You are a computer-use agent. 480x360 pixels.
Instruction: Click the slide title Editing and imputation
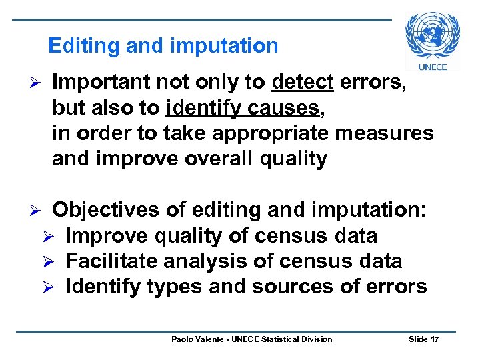[x=163, y=45]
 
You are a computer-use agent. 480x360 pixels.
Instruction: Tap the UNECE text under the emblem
[x=432, y=67]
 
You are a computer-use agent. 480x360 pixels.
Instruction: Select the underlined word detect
[x=303, y=83]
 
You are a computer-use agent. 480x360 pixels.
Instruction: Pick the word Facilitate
[x=107, y=261]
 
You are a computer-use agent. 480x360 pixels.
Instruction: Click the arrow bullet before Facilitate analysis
[x=57, y=261]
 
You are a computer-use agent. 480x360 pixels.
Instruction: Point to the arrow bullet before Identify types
[x=57, y=287]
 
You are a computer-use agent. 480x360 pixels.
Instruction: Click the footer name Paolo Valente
[x=197, y=339]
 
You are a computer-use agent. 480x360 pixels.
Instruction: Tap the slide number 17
[x=435, y=339]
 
